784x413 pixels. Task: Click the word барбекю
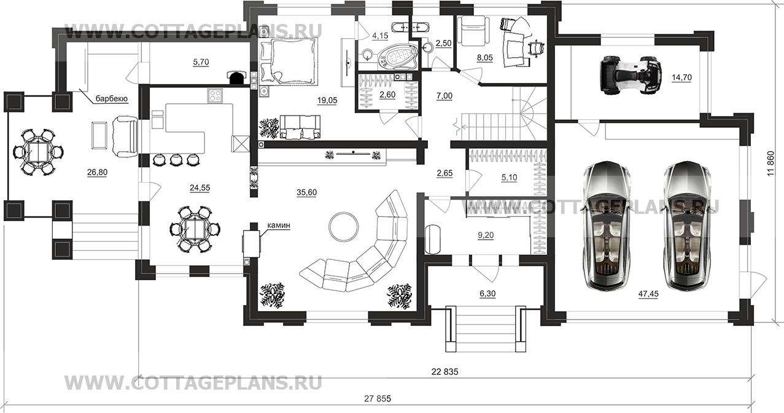tap(112, 99)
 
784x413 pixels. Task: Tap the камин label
tap(279, 226)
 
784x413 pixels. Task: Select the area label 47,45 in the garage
tap(648, 294)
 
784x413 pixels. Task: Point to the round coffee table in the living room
tap(344, 226)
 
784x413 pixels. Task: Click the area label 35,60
tap(306, 192)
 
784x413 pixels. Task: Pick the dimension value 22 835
tap(444, 372)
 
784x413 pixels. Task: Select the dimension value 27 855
tap(378, 398)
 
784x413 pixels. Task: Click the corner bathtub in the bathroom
tap(398, 57)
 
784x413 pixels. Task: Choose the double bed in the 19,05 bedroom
tap(289, 61)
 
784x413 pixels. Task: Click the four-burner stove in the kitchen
tap(215, 95)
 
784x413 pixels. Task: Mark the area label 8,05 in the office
tap(485, 58)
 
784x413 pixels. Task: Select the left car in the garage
tap(606, 226)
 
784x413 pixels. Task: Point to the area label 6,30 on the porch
tap(487, 294)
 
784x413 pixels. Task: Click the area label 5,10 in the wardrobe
tap(509, 178)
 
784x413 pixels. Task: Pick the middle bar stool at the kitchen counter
tap(176, 160)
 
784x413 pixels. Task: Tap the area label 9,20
tap(486, 235)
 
